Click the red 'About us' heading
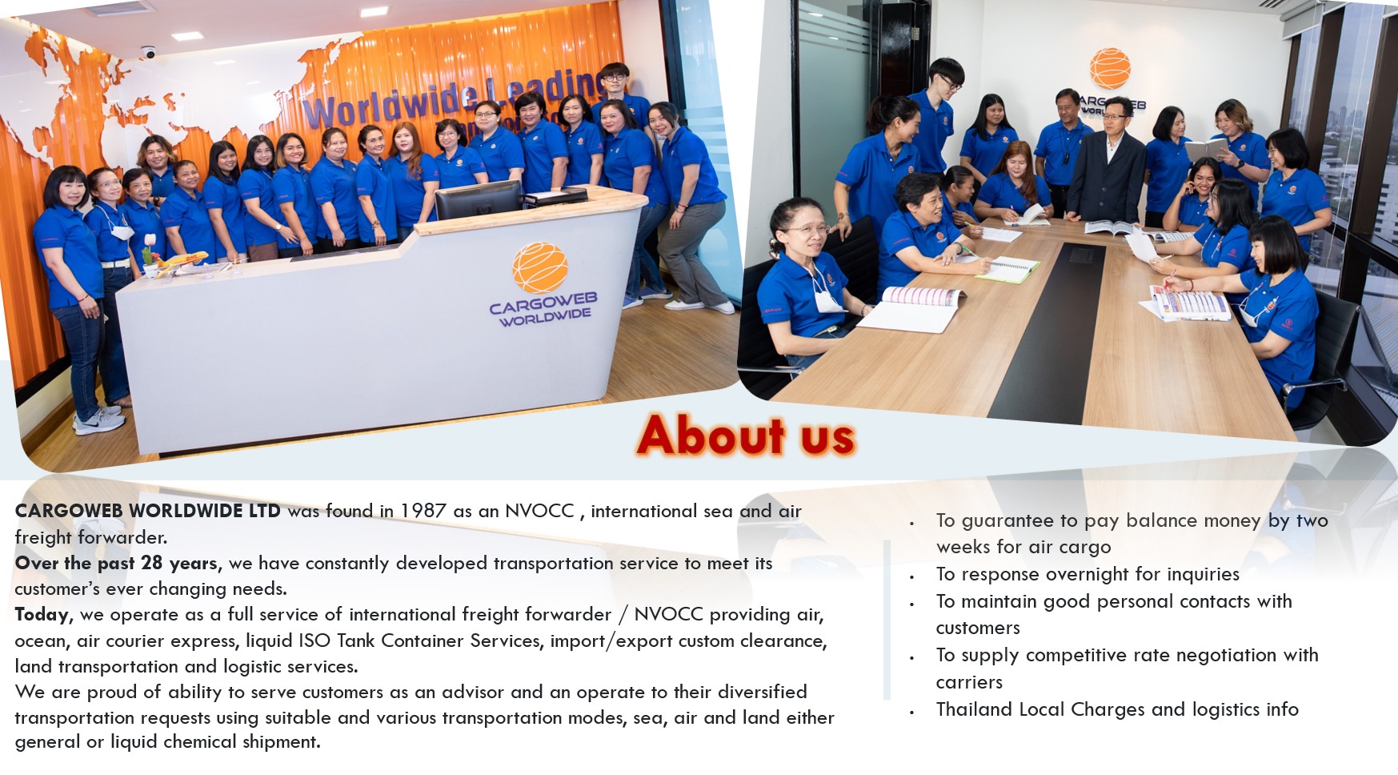(746, 436)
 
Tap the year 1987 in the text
(423, 511)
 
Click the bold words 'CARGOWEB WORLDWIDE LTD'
(148, 511)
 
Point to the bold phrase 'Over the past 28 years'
(116, 563)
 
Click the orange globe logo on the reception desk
(540, 267)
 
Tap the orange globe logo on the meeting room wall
(1110, 68)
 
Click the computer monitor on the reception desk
(479, 199)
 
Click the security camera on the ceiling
(148, 52)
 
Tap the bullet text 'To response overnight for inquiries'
(1088, 574)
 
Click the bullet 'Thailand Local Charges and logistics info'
(1117, 709)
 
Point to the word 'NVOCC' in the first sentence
(539, 511)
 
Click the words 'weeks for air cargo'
(1023, 547)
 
